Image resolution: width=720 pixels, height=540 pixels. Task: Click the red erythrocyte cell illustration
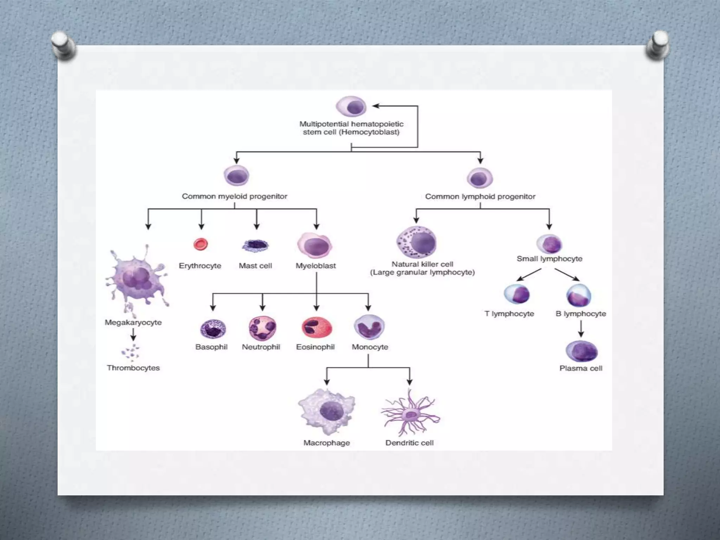[201, 244]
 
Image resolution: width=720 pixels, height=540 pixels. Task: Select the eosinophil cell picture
[316, 328]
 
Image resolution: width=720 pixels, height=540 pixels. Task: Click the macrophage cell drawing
[327, 411]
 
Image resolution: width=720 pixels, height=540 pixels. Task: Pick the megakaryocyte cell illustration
[136, 278]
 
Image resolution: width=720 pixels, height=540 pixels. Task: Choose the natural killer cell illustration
[417, 242]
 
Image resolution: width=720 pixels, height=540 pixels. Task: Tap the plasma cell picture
[581, 351]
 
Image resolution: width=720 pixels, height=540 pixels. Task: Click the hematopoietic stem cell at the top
[351, 106]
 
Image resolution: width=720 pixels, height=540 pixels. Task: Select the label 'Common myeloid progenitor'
[234, 196]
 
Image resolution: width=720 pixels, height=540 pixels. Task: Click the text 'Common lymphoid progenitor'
[480, 196]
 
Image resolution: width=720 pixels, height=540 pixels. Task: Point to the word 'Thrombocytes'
[133, 368]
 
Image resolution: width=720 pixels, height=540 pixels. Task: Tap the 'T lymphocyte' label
[509, 314]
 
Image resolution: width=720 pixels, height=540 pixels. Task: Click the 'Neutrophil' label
[261, 347]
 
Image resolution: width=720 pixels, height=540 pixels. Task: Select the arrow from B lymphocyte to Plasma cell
[581, 329]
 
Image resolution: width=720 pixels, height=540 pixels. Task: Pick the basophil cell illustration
[213, 329]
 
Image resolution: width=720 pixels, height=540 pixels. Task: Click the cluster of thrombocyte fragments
[131, 352]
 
